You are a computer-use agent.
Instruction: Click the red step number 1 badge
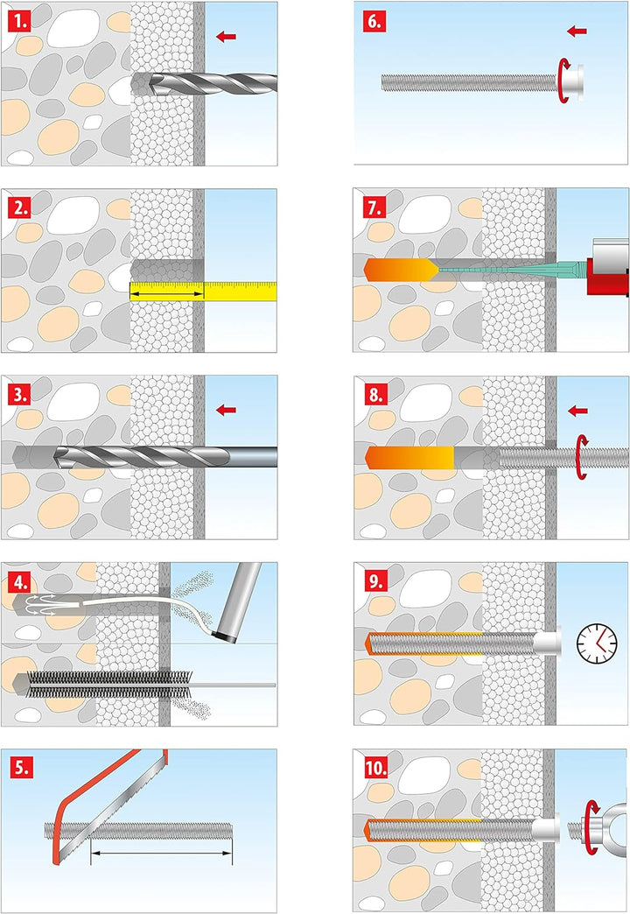pos(20,22)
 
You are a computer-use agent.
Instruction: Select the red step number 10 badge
pos(376,768)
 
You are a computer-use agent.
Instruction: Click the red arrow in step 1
pos(226,37)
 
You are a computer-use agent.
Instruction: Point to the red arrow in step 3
pos(226,410)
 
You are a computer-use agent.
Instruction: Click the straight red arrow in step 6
pos(577,31)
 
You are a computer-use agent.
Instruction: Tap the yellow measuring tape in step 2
pos(203,291)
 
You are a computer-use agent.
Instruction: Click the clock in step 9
pos(597,643)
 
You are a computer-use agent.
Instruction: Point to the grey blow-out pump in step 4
pos(238,602)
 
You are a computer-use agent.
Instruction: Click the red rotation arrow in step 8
pos(581,457)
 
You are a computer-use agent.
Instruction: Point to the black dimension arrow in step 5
pos(161,853)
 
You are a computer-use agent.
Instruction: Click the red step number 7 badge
pos(374,208)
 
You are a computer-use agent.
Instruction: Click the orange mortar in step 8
pos(409,457)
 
